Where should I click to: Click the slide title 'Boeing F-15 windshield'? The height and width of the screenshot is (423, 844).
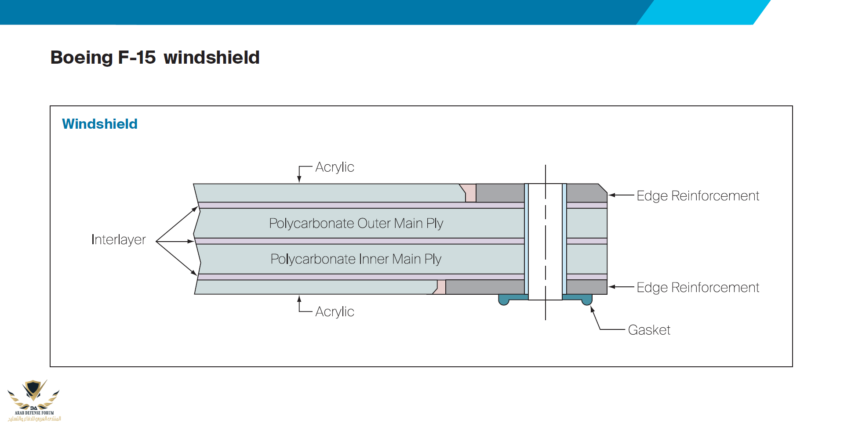point(155,58)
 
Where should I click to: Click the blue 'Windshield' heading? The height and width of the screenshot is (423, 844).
point(100,124)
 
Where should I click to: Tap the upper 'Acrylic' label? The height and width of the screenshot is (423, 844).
point(335,167)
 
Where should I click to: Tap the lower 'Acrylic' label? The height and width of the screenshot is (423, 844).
point(335,311)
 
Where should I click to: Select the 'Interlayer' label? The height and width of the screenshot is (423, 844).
point(119,239)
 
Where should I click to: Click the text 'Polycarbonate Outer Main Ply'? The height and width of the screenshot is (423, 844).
point(356,223)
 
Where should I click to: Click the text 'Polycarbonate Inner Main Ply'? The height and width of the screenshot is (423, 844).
point(356,259)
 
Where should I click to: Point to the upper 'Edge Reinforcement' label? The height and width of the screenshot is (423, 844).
point(698,195)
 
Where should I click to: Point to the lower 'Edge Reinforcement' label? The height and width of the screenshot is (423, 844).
point(698,287)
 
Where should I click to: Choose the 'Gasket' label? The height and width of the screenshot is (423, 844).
point(649,330)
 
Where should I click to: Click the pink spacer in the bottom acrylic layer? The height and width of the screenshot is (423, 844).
point(441,287)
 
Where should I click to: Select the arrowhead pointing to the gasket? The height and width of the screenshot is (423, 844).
point(592,309)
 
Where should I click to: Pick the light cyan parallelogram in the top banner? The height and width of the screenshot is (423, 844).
point(703,12)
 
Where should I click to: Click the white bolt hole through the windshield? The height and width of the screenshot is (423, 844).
point(545,242)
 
